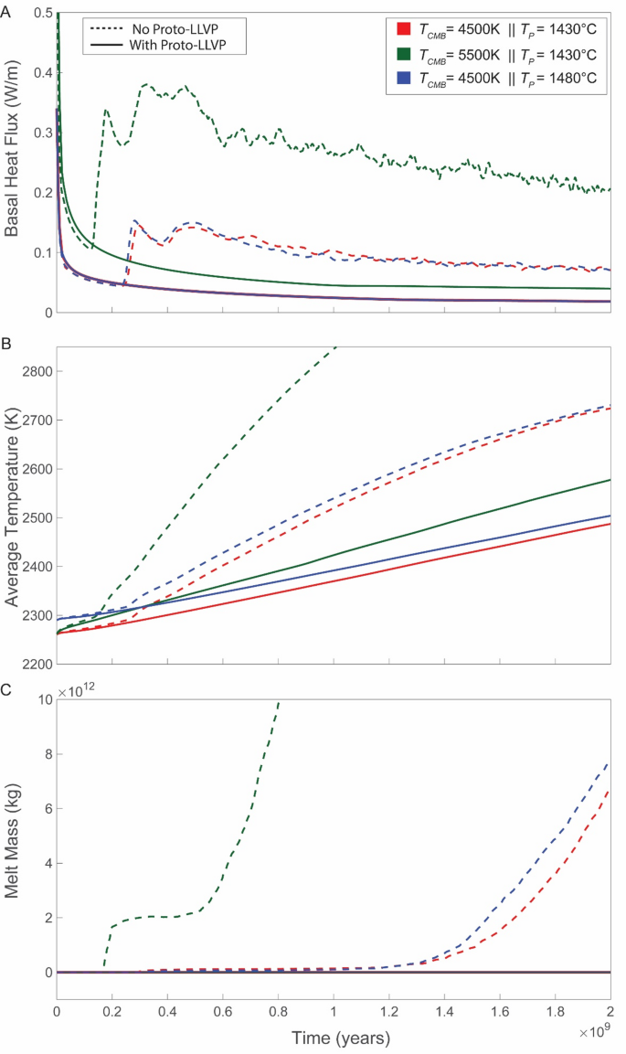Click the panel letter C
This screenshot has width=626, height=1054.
(x=6, y=692)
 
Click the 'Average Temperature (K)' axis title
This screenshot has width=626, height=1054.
(x=14, y=507)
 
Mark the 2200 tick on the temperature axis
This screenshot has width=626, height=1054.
(x=33, y=664)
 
